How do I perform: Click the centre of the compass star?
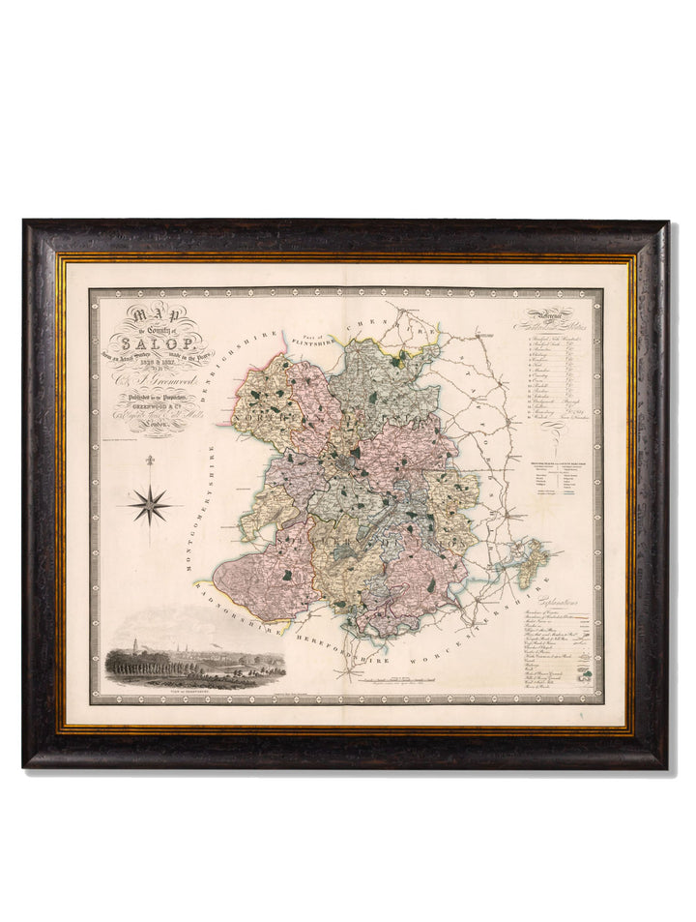point(150,503)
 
